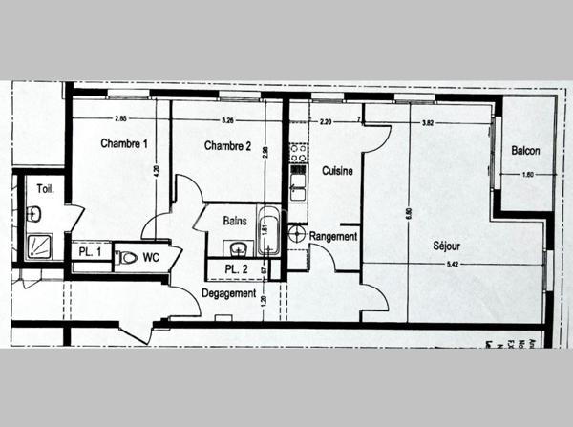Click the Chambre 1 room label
[x=124, y=144]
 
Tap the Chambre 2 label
[x=227, y=146]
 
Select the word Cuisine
[x=337, y=171]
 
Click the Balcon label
[x=525, y=150]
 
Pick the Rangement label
[x=333, y=236]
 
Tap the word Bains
[x=235, y=221]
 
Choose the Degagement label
[x=228, y=293]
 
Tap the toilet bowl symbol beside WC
[x=128, y=257]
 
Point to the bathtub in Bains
[x=268, y=232]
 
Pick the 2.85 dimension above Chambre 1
[x=120, y=119]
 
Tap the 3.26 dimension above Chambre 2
[x=227, y=119]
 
